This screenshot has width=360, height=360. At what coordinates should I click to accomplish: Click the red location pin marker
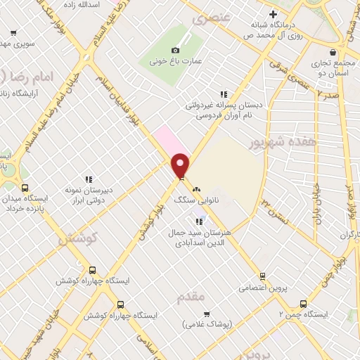coord(181,166)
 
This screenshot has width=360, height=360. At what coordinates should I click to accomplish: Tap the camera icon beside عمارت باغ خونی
coord(175,51)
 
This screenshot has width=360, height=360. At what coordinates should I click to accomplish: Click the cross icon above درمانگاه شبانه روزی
coord(273,14)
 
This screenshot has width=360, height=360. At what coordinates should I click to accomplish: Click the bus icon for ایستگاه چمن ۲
coord(303,304)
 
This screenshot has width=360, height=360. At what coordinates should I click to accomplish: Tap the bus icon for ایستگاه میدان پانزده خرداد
coord(25,188)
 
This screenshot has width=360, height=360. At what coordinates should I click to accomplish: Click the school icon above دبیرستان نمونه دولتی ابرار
coord(89,181)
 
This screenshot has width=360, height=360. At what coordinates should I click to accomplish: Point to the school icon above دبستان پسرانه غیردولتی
coord(224,94)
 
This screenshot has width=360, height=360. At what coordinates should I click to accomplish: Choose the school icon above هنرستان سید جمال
coord(199,221)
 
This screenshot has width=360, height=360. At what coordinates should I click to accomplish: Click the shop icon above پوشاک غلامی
coord(207,314)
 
